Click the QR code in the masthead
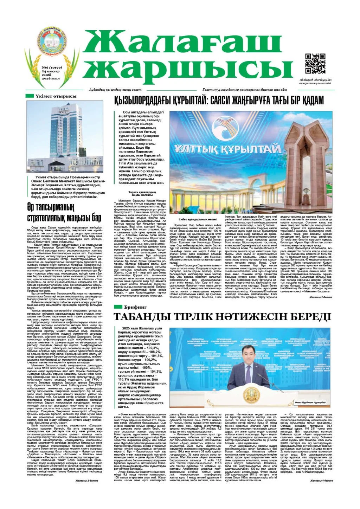click(x=315, y=64)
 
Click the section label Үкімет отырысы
click(x=56, y=96)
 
